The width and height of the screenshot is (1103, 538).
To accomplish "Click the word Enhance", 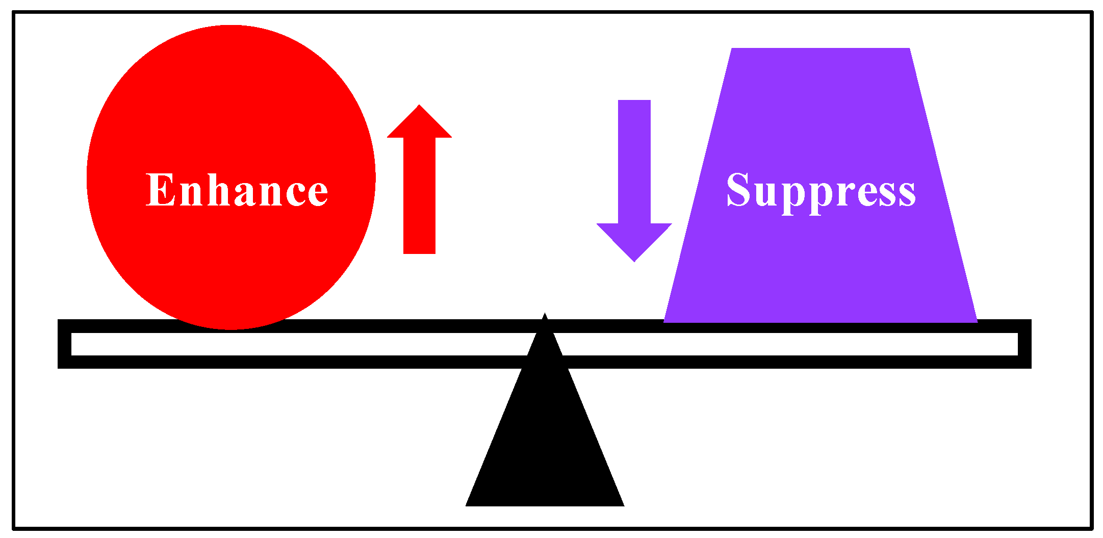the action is tap(237, 190).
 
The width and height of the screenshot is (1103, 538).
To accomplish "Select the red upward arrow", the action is tap(419, 178).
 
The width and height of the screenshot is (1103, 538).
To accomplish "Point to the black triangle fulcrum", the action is tap(545, 449).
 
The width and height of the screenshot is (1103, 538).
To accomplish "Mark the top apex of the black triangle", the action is tap(545, 316).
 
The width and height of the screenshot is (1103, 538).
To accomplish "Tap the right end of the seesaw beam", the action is tap(1024, 344).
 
